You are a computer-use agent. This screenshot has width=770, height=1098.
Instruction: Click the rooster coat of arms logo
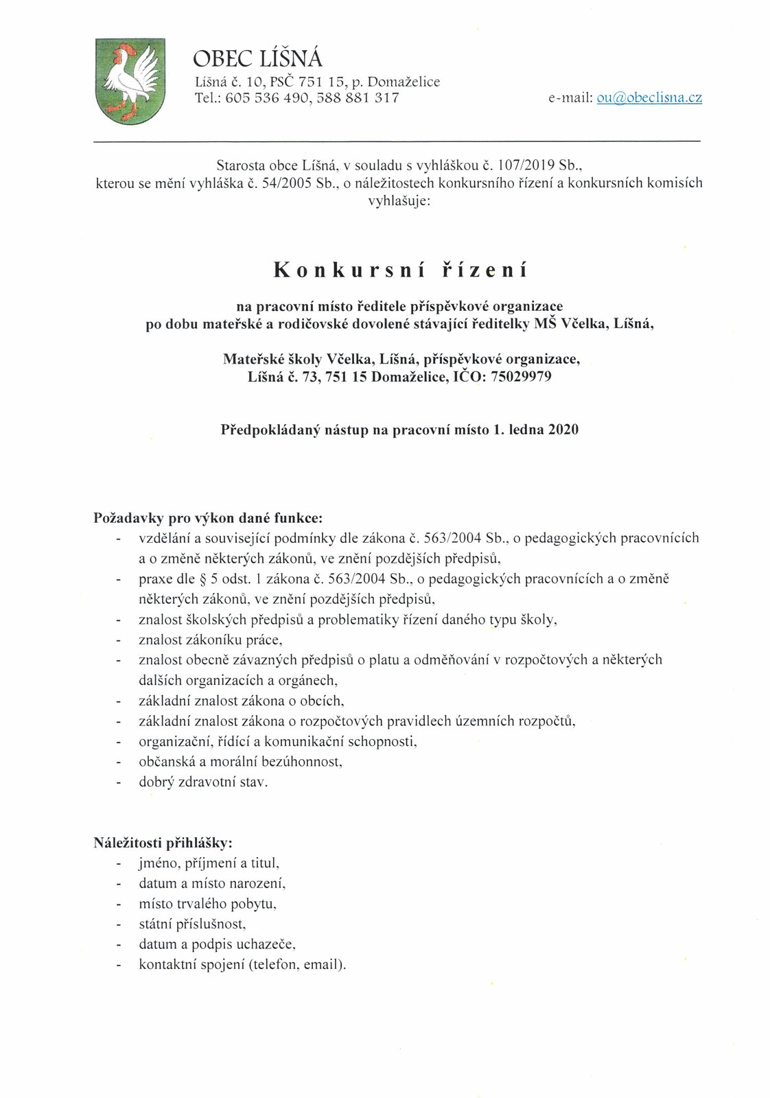[x=129, y=81]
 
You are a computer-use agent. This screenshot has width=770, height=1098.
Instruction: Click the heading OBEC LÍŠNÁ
[x=258, y=58]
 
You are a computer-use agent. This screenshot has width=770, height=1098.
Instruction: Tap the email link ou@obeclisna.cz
[x=649, y=97]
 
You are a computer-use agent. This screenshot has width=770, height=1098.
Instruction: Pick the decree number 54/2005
[x=288, y=183]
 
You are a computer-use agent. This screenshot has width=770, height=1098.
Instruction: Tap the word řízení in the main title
[x=483, y=270]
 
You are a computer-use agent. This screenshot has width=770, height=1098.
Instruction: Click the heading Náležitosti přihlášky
[x=163, y=842]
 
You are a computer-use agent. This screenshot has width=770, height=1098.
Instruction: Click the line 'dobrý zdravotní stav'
[x=203, y=782]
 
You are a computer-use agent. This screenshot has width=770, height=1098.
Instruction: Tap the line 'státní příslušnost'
[x=191, y=924]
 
